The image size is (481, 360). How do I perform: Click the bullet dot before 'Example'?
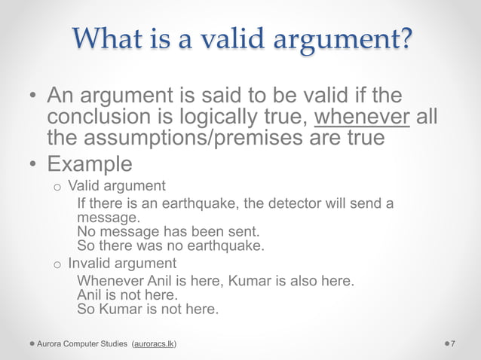[34, 164]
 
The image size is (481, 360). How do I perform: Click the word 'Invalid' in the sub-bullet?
[90, 264]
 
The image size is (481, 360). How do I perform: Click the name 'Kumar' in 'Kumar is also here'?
[250, 281]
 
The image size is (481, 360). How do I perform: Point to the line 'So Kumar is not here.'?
[148, 309]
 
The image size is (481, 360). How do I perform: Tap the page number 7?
[452, 344]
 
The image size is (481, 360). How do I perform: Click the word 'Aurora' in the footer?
[53, 344]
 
